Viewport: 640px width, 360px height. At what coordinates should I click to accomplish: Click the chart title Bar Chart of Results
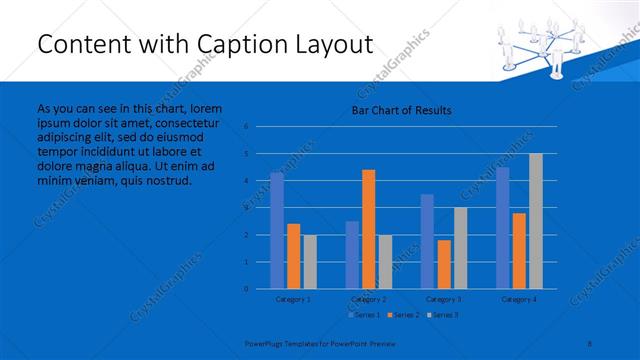tap(400, 110)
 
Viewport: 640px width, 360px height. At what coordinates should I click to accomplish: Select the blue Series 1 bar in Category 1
tap(277, 230)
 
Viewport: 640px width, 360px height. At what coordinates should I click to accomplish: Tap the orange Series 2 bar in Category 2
tap(369, 229)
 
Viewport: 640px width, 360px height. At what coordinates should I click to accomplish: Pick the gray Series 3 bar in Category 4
tap(536, 221)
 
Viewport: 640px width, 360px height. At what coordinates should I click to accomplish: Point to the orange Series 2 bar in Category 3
tap(444, 264)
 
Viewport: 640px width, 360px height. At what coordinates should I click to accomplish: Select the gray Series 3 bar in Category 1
tap(310, 261)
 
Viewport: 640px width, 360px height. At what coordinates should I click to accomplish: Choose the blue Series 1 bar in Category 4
tap(503, 228)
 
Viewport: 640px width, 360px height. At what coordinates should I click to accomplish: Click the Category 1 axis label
tap(293, 299)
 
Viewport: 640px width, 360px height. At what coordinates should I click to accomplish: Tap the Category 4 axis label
tap(519, 299)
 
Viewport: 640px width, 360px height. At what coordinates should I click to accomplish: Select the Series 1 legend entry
tap(363, 315)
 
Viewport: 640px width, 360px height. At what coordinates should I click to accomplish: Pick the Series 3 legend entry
tap(441, 315)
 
